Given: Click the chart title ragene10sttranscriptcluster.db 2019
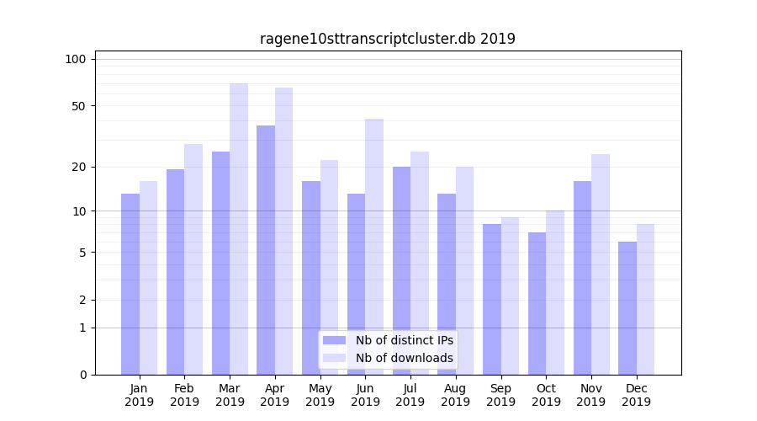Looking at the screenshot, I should click(x=387, y=39).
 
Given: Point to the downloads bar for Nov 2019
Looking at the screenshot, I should click(x=601, y=264).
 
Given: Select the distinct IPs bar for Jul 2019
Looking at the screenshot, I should click(x=401, y=270).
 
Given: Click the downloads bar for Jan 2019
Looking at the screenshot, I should click(x=148, y=278).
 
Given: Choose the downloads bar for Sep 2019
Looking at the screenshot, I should click(x=510, y=296).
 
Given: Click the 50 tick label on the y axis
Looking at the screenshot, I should click(x=78, y=106).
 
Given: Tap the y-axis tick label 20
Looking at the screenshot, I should click(x=78, y=167).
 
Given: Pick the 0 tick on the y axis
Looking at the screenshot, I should click(x=82, y=375).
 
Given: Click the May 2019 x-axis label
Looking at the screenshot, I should click(x=320, y=395).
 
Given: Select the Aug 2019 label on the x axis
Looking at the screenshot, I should click(x=455, y=395).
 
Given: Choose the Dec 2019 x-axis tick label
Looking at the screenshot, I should click(x=636, y=395).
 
